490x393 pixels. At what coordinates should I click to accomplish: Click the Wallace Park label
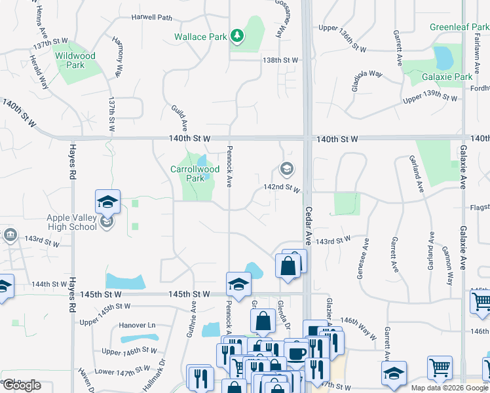pyautogui.click(x=200, y=37)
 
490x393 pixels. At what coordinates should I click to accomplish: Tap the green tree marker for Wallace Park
pyautogui.click(x=237, y=37)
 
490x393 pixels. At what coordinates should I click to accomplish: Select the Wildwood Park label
pyautogui.click(x=75, y=60)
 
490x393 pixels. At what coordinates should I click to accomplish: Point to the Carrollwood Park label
pyautogui.click(x=195, y=173)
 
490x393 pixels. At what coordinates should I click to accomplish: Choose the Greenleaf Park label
pyautogui.click(x=459, y=28)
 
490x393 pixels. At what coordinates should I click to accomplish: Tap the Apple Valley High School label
pyautogui.click(x=71, y=222)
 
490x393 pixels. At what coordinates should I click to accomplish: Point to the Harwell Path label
pyautogui.click(x=151, y=18)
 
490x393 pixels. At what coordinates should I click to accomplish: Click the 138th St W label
pyautogui.click(x=280, y=60)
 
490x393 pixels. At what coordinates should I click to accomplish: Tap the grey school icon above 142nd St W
pyautogui.click(x=286, y=170)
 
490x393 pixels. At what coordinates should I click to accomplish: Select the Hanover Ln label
pyautogui.click(x=138, y=325)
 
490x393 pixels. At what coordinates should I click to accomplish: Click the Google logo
pyautogui.click(x=21, y=385)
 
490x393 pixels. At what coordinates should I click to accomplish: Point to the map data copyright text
pyautogui.click(x=449, y=388)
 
